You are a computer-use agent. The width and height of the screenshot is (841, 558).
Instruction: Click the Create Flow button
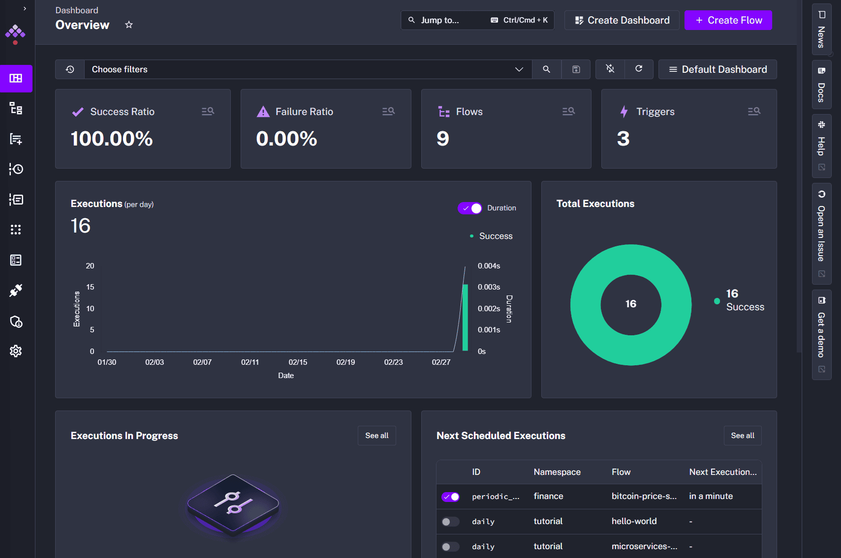728,20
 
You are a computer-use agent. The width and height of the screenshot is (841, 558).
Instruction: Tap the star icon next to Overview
129,25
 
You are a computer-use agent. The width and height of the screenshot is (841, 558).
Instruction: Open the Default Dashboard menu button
717,69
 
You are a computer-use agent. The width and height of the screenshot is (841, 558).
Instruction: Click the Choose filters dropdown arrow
519,69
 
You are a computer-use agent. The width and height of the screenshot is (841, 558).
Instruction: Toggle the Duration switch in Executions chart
470,208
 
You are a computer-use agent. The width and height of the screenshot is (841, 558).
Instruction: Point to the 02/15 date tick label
298,362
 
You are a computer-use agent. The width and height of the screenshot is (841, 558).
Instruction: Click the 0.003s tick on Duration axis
489,287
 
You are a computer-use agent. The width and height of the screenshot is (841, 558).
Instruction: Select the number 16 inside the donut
631,304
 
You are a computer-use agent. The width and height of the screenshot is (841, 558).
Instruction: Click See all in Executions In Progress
376,436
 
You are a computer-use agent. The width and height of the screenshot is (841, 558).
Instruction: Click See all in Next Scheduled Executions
742,436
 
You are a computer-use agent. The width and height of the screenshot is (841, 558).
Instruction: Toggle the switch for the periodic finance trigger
450,497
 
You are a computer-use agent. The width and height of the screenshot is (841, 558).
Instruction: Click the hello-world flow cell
634,521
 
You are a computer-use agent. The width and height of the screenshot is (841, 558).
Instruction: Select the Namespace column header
557,472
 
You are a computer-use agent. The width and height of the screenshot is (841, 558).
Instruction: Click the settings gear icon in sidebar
16,351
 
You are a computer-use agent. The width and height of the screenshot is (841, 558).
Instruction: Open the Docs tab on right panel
821,86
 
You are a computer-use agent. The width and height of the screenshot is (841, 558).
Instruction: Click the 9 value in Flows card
443,139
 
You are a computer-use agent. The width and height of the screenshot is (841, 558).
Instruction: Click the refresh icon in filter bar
639,69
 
